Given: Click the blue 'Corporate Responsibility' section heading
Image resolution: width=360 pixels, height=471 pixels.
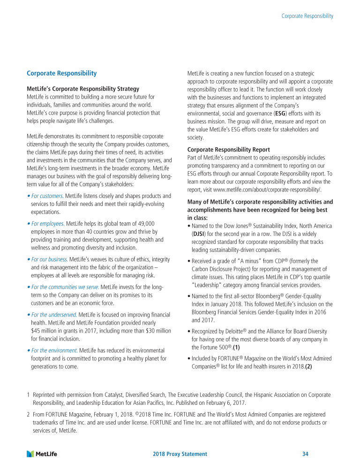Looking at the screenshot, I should pos(62,74).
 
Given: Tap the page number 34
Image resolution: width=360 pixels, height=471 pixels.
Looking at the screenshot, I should pos(305,454).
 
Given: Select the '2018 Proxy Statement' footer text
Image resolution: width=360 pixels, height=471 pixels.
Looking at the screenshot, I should pos(180,454).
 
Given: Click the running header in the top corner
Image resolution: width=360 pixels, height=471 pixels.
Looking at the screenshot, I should pos(307,16).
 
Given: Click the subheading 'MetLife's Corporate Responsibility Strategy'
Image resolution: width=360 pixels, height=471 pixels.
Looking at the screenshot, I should pos(83,89).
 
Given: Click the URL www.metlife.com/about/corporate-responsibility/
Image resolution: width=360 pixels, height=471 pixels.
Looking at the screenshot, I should pos(267,190).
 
